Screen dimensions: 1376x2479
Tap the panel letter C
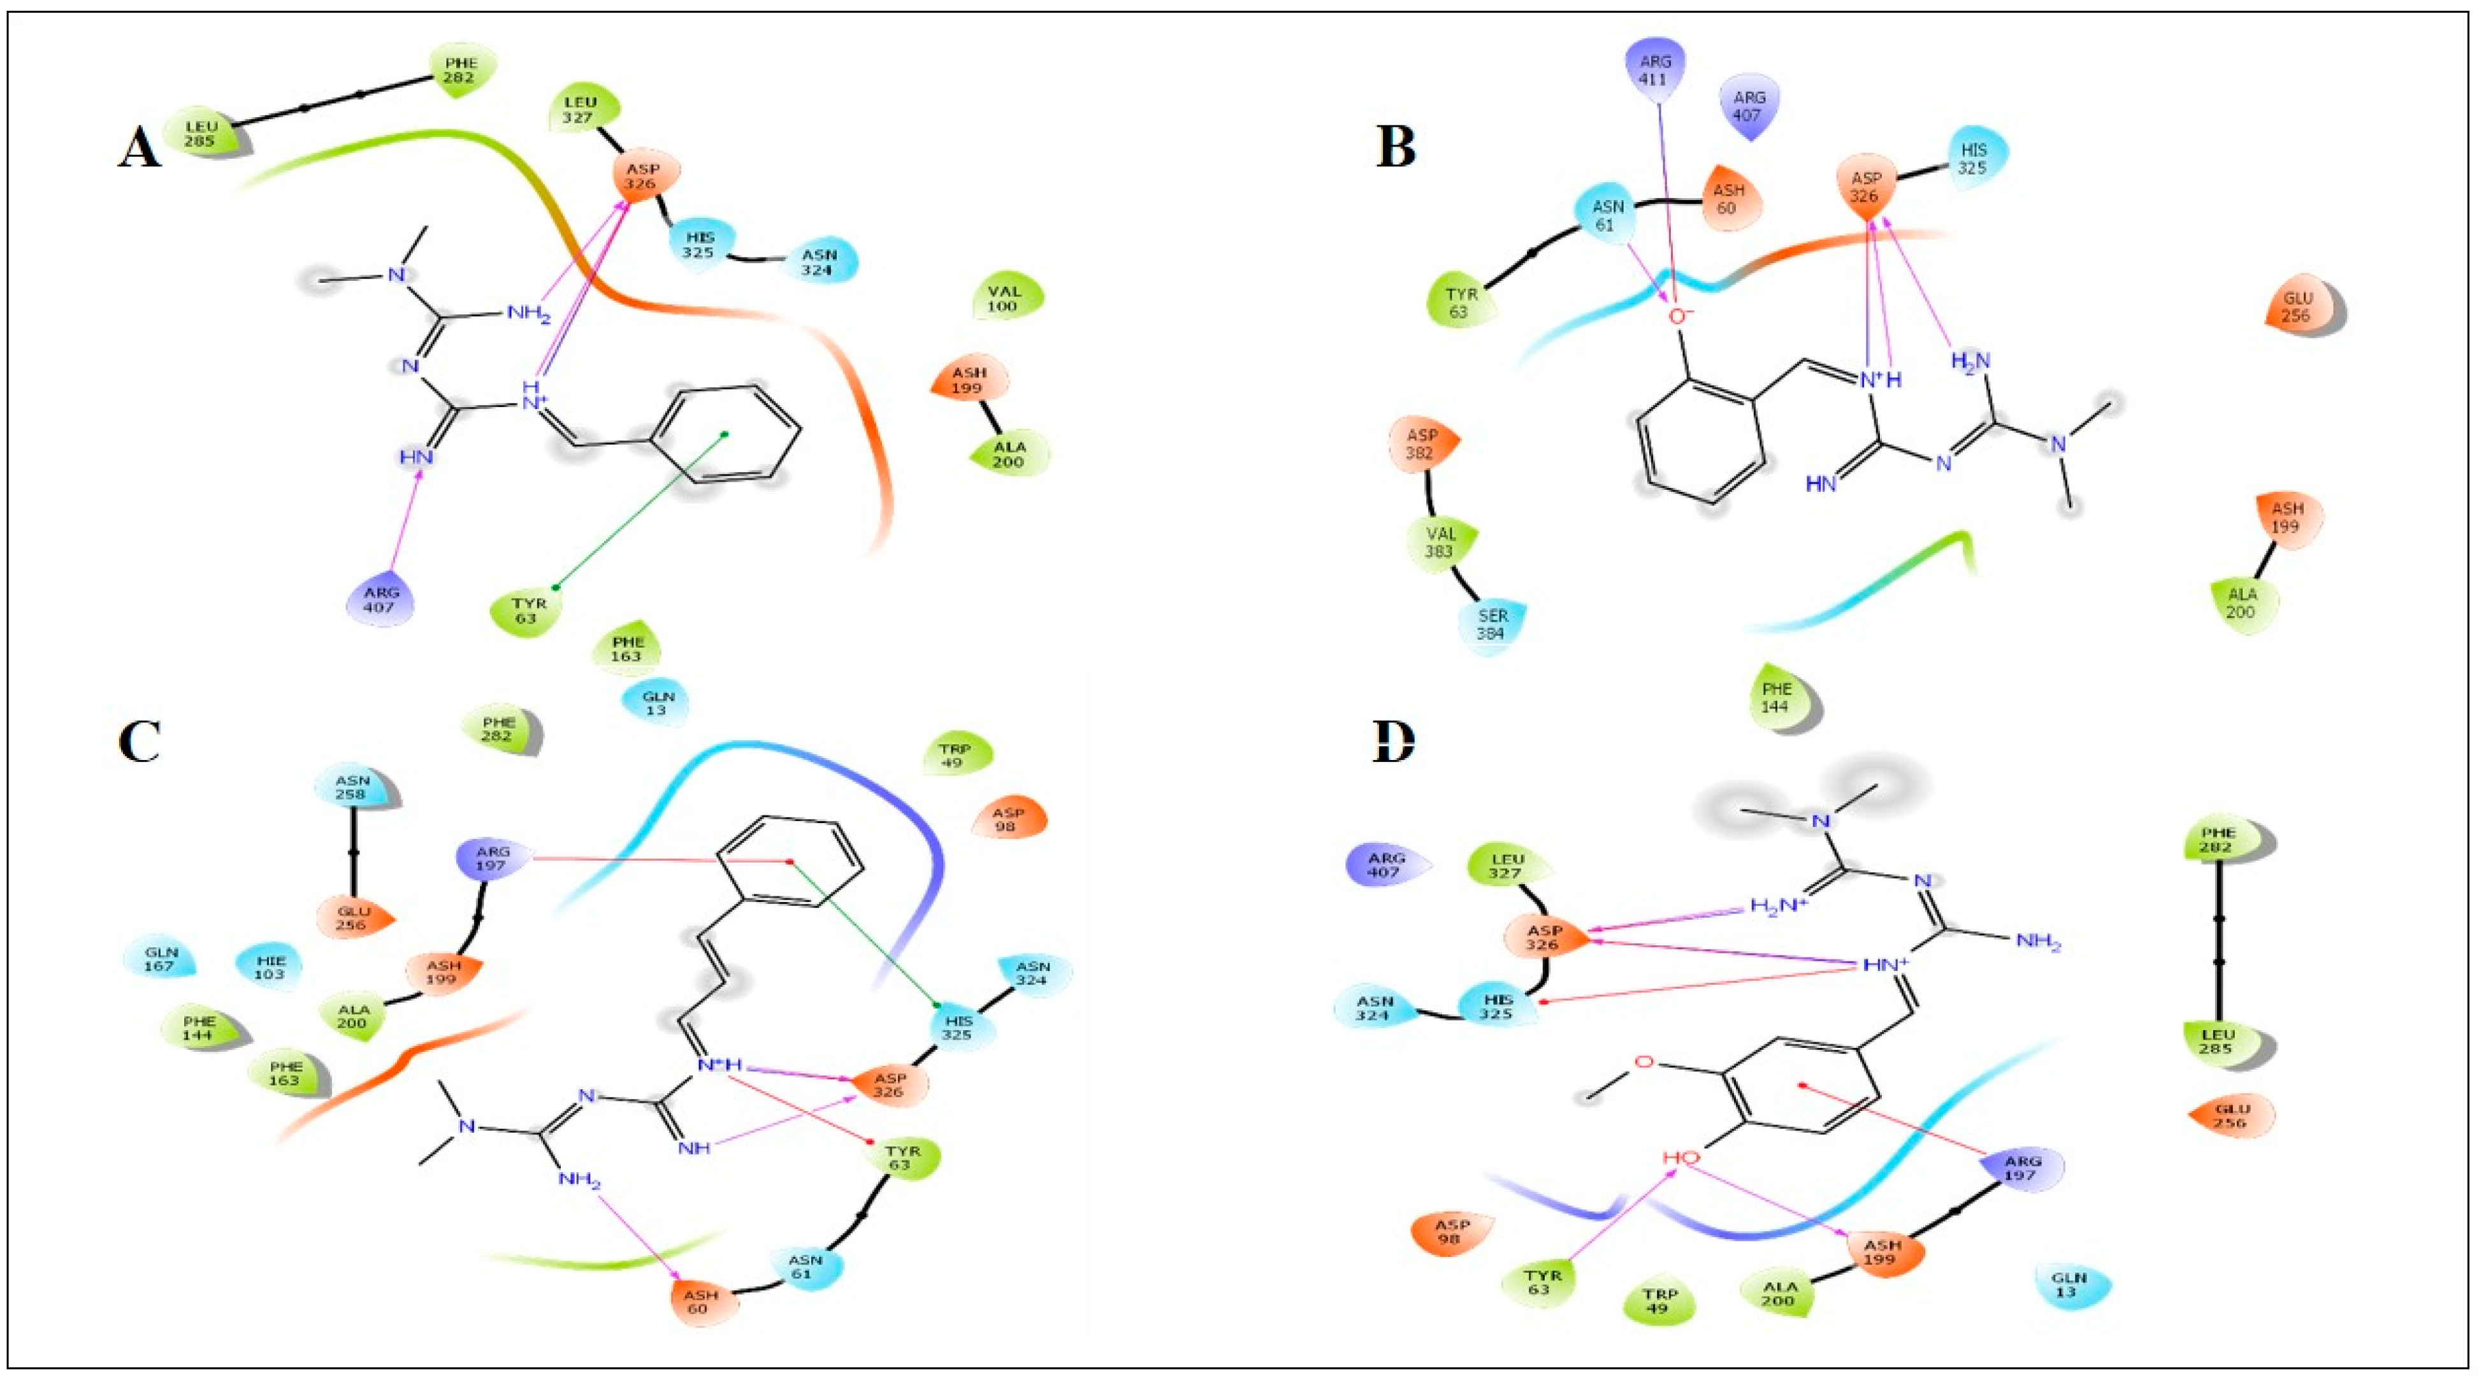[x=140, y=743]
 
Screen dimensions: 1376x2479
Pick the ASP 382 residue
[x=1420, y=445]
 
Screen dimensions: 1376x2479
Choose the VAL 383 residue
[x=1441, y=541]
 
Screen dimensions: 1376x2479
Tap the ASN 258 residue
[x=351, y=787]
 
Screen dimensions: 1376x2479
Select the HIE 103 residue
[x=270, y=967]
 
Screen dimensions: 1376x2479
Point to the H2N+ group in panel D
[x=1775, y=907]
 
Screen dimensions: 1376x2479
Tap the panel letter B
[x=1396, y=149]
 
